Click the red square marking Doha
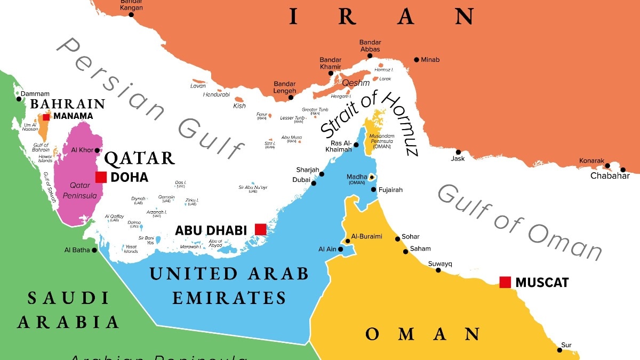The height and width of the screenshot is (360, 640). pyautogui.click(x=101, y=177)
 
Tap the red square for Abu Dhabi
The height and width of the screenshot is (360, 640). pyautogui.click(x=260, y=229)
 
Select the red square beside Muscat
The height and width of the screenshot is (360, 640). pyautogui.click(x=505, y=282)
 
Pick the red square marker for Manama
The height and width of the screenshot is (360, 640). pyautogui.click(x=46, y=117)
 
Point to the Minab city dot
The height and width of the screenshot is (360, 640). pyautogui.click(x=417, y=60)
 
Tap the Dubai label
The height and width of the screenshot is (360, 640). pyautogui.click(x=301, y=180)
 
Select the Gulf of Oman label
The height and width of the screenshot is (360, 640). pyautogui.click(x=520, y=222)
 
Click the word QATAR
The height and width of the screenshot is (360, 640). pyautogui.click(x=139, y=158)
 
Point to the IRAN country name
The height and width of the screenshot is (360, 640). pyautogui.click(x=382, y=17)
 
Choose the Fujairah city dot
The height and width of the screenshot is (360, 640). pyautogui.click(x=374, y=190)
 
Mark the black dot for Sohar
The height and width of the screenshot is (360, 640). pyautogui.click(x=398, y=238)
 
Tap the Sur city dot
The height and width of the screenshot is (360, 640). pyautogui.click(x=559, y=350)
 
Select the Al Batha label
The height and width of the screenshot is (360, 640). pyautogui.click(x=77, y=250)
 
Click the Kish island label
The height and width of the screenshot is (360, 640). pyautogui.click(x=239, y=106)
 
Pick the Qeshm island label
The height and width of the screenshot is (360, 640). pyautogui.click(x=356, y=83)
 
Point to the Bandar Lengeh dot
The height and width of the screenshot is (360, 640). pyautogui.click(x=291, y=97)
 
